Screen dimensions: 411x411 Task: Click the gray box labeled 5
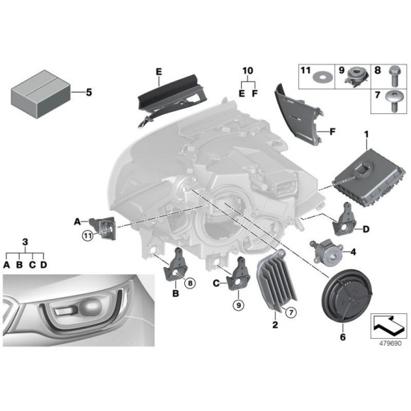(41, 94)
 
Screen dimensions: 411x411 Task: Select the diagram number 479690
(390, 344)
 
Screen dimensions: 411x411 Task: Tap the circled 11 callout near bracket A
(88, 236)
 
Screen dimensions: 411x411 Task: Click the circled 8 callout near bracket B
(190, 283)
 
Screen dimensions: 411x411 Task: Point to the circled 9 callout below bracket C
(239, 305)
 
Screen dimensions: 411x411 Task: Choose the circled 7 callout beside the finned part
(291, 313)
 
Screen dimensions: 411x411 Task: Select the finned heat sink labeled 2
(276, 281)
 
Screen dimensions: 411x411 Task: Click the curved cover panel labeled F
(299, 115)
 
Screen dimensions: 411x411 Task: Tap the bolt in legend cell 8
(393, 77)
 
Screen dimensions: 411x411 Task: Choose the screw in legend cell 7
(394, 101)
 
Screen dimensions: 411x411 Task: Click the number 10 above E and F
(248, 71)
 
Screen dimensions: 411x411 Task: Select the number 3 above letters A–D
(25, 242)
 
